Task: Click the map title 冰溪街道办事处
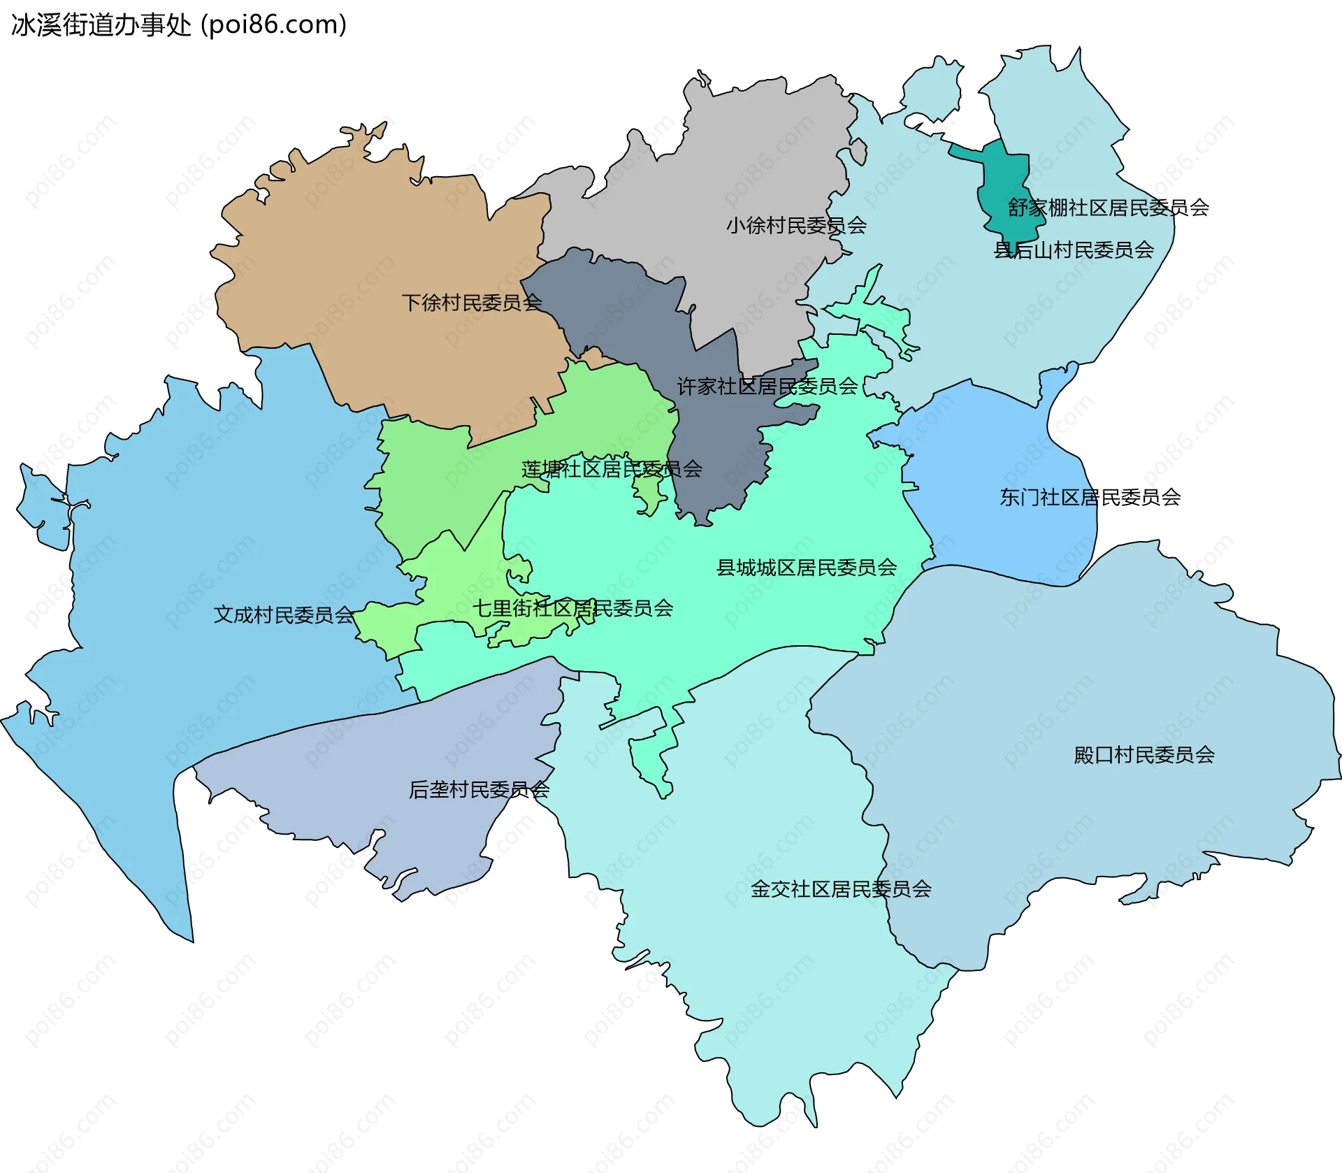coord(101,25)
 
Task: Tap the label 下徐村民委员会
coord(472,303)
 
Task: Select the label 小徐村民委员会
coord(796,225)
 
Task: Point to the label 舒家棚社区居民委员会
coord(1108,208)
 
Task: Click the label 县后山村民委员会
coord(1074,250)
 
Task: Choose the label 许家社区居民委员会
coord(767,386)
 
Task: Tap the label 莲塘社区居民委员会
coord(612,468)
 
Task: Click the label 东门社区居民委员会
coord(1090,497)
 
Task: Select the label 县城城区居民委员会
coord(807,567)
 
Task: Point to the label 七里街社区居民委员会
coord(572,608)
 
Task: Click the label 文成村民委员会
coord(284,614)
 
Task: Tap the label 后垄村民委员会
coord(479,789)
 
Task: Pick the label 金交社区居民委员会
coord(841,888)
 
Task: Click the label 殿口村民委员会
coord(1144,754)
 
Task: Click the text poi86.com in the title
coord(273,25)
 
